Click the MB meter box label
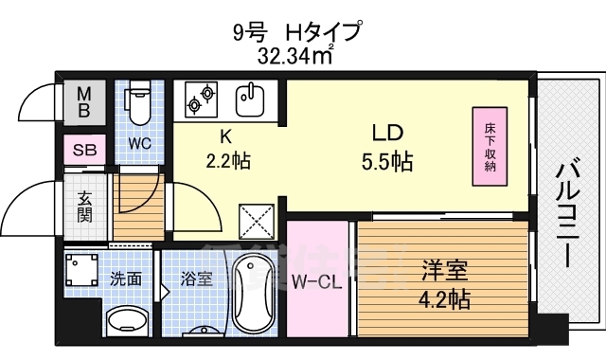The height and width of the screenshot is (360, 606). [x=84, y=101]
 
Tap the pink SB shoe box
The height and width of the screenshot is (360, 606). [x=83, y=150]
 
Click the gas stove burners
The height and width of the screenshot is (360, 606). [x=202, y=98]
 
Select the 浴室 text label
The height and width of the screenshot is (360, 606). [x=195, y=280]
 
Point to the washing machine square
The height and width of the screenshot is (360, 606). [x=83, y=272]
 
